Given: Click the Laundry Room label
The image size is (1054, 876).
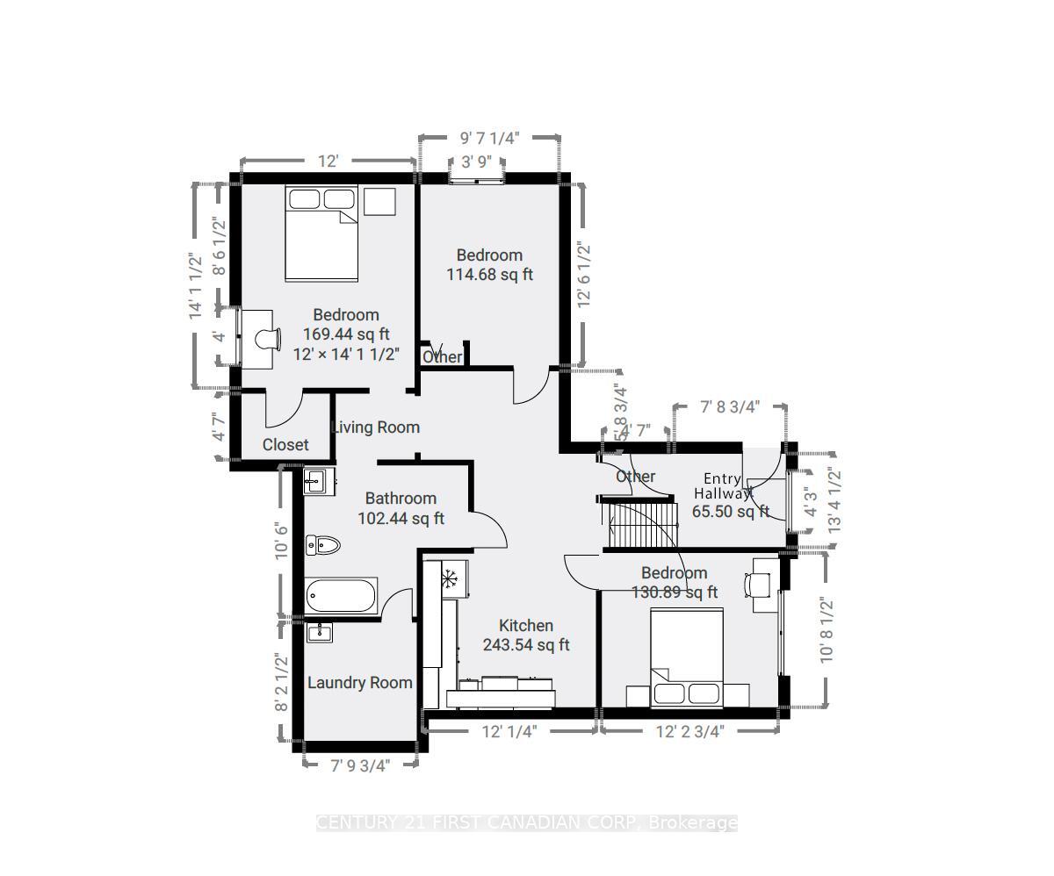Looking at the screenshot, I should click(x=359, y=683).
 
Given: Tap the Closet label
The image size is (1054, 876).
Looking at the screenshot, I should click(x=285, y=445).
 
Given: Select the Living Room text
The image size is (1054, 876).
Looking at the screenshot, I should click(x=376, y=427).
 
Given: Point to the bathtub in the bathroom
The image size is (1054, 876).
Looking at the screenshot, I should click(x=341, y=596).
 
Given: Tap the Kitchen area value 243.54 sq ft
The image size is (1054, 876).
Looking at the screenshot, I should click(x=525, y=645).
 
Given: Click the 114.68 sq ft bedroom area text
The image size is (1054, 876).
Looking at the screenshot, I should click(x=489, y=275).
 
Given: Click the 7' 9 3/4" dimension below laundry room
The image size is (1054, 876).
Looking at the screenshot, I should click(x=359, y=765).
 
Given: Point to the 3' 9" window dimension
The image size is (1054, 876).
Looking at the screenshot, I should click(x=477, y=162).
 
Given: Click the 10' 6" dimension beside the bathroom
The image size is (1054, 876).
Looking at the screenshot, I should click(x=281, y=541).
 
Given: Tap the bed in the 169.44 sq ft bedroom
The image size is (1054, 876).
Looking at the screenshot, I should click(x=321, y=233).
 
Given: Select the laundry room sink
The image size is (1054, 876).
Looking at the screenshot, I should click(x=319, y=632).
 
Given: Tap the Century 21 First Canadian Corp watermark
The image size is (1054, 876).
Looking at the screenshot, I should click(x=526, y=823).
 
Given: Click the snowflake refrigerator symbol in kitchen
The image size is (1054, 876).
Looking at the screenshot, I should click(x=450, y=578).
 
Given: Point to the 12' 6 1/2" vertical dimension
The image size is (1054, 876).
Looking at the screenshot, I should click(x=584, y=273).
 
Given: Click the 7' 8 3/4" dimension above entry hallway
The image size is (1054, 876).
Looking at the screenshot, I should click(x=730, y=406).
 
